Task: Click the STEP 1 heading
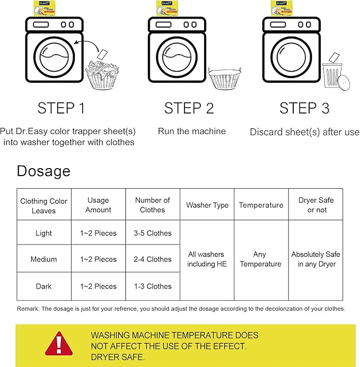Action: [x=61, y=108]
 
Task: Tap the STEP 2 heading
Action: [x=189, y=108]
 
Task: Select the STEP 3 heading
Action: [x=304, y=108]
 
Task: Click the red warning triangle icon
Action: [x=59, y=344]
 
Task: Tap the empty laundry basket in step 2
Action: [x=224, y=78]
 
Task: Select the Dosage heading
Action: [x=43, y=171]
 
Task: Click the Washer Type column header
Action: [x=207, y=205]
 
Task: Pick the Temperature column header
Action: [x=261, y=205]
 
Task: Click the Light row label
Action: [x=43, y=233]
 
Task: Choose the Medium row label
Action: [x=43, y=259]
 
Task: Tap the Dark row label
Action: [x=43, y=286]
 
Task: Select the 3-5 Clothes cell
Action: [x=153, y=233]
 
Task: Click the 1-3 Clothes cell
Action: [x=153, y=286]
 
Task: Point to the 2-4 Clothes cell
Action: [x=153, y=259]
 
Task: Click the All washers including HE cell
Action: [x=206, y=259]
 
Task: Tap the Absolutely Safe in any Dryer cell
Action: [x=316, y=259]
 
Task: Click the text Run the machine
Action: [x=192, y=131]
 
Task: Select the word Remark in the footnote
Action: [x=28, y=309]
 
